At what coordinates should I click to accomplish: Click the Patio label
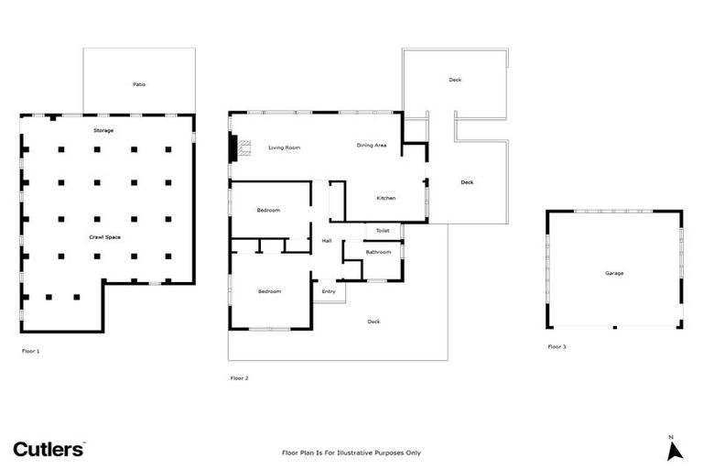139,84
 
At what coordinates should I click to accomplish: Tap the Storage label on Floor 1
103,131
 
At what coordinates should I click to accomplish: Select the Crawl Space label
104,237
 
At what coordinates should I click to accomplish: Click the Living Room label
285,147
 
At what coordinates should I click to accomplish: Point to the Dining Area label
372,145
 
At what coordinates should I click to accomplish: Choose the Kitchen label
386,198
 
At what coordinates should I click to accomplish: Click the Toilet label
383,231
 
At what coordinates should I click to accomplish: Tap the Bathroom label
378,252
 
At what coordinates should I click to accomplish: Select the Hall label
327,241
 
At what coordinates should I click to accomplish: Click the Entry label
329,291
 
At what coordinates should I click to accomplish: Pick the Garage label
613,273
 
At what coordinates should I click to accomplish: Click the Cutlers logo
49,449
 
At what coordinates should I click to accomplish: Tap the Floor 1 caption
30,351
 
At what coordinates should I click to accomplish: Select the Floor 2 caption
239,377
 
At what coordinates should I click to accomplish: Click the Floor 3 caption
557,347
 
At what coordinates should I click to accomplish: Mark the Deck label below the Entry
373,322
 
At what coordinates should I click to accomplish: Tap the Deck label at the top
455,80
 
